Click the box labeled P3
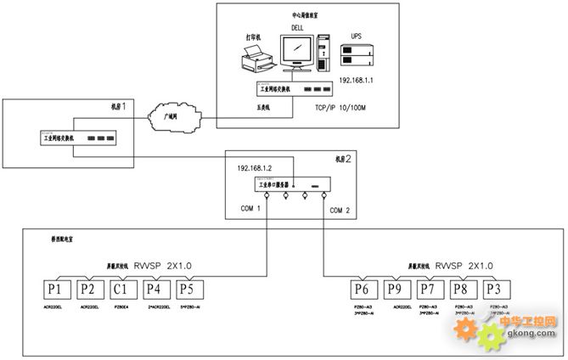[498, 290]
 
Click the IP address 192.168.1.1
[357, 79]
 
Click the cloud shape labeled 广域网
[171, 115]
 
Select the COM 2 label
[340, 210]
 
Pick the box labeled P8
[464, 290]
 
